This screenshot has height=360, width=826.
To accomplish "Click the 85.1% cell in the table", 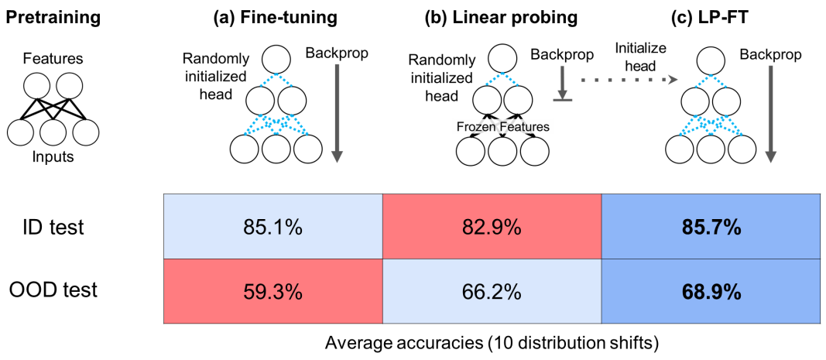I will tap(273, 228).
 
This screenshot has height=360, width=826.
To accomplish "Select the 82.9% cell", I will tap(492, 228).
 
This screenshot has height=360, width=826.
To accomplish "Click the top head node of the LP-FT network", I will tap(710, 59).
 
